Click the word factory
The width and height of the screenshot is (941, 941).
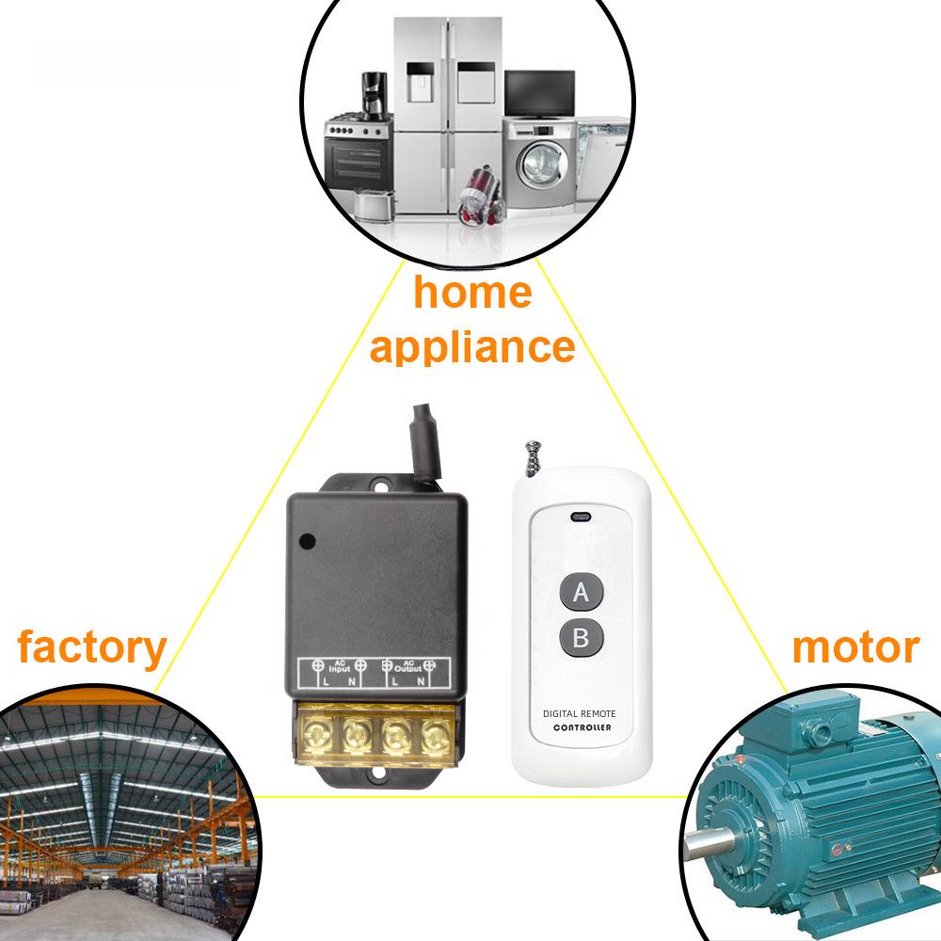pyautogui.click(x=92, y=648)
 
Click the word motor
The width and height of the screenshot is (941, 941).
pyautogui.click(x=855, y=647)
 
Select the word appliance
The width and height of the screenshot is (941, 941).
pyautogui.click(x=472, y=347)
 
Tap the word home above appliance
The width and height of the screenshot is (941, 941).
pyautogui.click(x=473, y=292)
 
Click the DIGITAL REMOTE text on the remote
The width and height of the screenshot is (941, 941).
pyautogui.click(x=579, y=713)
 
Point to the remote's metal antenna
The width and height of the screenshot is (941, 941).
pyautogui.click(x=533, y=459)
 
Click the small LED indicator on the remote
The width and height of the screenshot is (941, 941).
pyautogui.click(x=581, y=516)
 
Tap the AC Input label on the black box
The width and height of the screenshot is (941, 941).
pyautogui.click(x=339, y=666)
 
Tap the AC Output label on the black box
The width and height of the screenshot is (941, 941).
pyautogui.click(x=408, y=666)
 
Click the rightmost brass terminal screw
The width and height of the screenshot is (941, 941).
pyautogui.click(x=437, y=735)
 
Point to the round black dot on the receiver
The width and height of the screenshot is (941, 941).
pyautogui.click(x=308, y=541)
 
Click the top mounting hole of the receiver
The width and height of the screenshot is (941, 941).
pyautogui.click(x=380, y=483)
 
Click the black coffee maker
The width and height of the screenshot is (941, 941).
pyautogui.click(x=375, y=96)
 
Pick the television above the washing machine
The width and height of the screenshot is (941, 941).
pyautogui.click(x=539, y=93)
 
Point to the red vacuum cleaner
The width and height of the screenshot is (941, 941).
pyautogui.click(x=481, y=197)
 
